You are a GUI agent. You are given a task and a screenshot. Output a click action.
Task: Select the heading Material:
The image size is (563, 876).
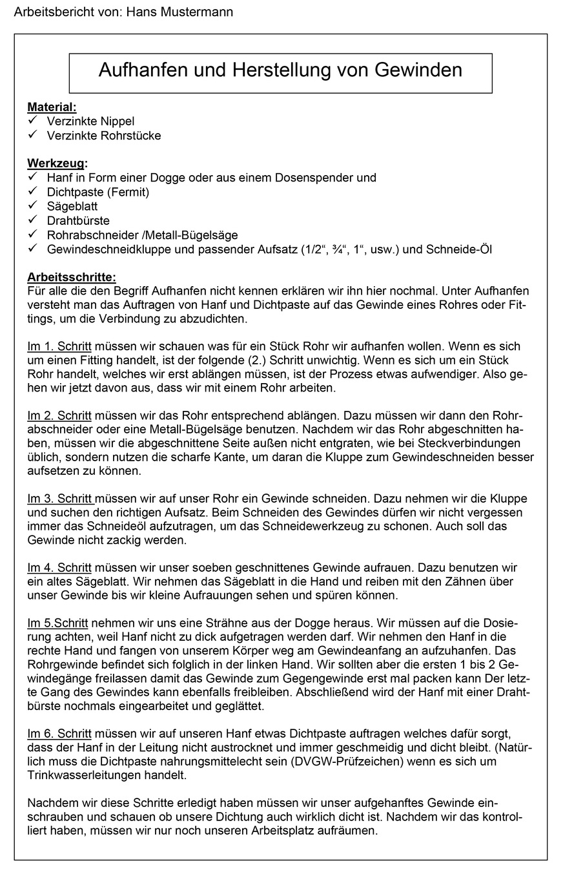tap(52, 107)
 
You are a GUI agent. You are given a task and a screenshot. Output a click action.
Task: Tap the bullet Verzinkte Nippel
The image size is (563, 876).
tap(90, 121)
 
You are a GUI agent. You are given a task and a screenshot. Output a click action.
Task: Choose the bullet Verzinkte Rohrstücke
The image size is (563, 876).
tap(103, 136)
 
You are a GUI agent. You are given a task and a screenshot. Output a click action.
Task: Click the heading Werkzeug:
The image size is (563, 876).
tap(57, 163)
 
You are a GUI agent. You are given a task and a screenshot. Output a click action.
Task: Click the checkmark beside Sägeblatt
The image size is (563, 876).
tap(32, 206)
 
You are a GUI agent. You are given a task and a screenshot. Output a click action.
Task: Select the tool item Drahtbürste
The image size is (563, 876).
tap(78, 220)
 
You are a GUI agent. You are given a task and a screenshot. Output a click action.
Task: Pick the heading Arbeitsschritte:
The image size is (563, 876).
tap(71, 277)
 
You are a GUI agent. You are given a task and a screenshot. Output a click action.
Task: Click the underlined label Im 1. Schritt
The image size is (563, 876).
tap(59, 347)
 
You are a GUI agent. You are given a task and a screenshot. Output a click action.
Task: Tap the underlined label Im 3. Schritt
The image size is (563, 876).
tap(60, 499)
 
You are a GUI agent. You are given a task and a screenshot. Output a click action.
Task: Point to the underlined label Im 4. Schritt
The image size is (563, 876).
tap(59, 568)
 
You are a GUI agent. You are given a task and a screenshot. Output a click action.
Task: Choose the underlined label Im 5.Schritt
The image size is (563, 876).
tap(57, 623)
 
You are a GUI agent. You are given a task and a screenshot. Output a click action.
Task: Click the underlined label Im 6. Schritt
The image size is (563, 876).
tap(59, 734)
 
